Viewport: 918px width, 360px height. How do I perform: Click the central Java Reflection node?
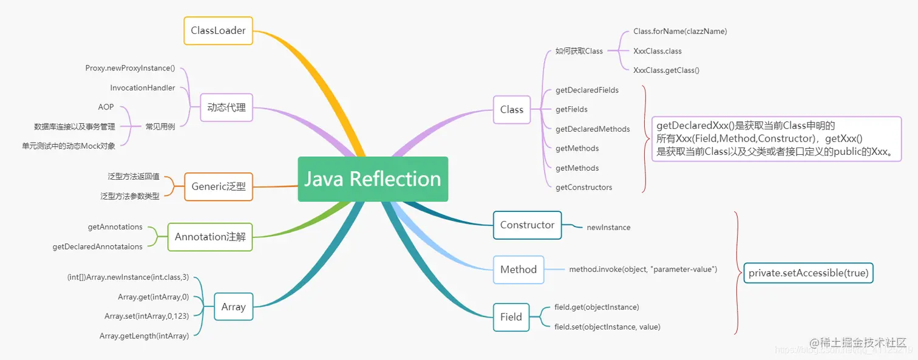pyautogui.click(x=372, y=179)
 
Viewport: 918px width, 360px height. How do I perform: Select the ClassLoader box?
pyautogui.click(x=218, y=30)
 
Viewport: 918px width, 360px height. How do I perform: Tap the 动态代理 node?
pyautogui.click(x=226, y=107)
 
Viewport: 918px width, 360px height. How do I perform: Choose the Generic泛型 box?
pyautogui.click(x=219, y=186)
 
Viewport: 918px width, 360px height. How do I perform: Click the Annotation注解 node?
pyautogui.click(x=210, y=237)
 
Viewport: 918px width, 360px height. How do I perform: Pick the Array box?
pyautogui.click(x=233, y=307)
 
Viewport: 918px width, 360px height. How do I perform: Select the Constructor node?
pyautogui.click(x=527, y=225)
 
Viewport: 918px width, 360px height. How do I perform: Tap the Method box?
pyautogui.click(x=518, y=270)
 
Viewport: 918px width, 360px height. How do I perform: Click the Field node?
pyautogui.click(x=511, y=317)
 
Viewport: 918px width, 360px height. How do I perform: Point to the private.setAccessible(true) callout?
pyautogui.click(x=808, y=273)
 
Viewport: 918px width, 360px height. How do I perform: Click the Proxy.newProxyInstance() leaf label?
pyautogui.click(x=130, y=68)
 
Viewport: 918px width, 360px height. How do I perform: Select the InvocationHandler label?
pyautogui.click(x=143, y=88)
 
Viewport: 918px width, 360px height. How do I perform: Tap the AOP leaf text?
pyautogui.click(x=106, y=107)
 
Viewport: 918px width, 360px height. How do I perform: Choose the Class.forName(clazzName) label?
pyautogui.click(x=679, y=31)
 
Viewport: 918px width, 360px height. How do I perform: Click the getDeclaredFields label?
pyautogui.click(x=587, y=90)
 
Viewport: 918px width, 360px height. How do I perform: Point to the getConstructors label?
pyautogui.click(x=583, y=188)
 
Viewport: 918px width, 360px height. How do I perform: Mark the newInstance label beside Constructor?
pyautogui.click(x=608, y=228)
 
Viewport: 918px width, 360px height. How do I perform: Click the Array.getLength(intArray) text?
pyautogui.click(x=144, y=336)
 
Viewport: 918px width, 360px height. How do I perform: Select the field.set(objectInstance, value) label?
pyautogui.click(x=607, y=327)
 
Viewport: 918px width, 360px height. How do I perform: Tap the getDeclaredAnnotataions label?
pyautogui.click(x=98, y=247)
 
